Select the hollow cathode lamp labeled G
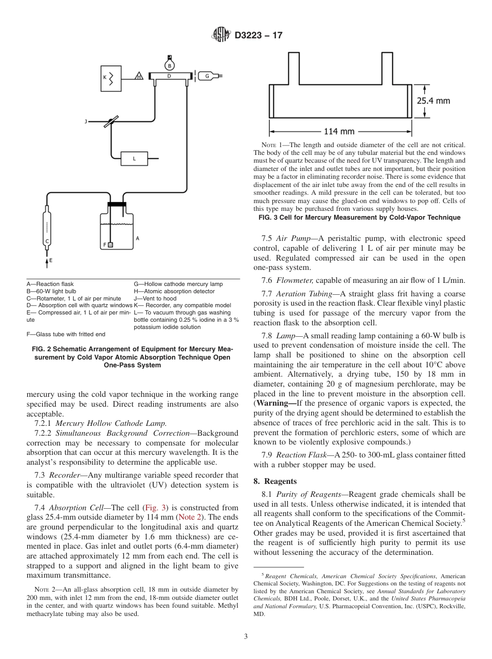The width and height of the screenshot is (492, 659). pos(209,76)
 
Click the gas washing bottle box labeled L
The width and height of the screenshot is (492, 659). pos(134,158)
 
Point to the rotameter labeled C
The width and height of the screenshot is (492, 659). pos(48,228)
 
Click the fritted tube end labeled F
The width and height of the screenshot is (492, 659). pos(110,245)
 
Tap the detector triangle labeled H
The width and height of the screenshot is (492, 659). pos(139,76)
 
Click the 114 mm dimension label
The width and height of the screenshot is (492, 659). pos(339,131)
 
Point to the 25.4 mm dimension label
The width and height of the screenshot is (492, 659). pos(433,101)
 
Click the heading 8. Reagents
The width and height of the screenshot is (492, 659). pos(275,481)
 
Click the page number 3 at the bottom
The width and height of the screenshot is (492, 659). pos(245,636)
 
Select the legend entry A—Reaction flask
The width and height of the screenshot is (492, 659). pos(50,284)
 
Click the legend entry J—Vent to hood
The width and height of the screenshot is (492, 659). pos(155,298)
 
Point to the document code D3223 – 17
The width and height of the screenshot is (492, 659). pos(258,36)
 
